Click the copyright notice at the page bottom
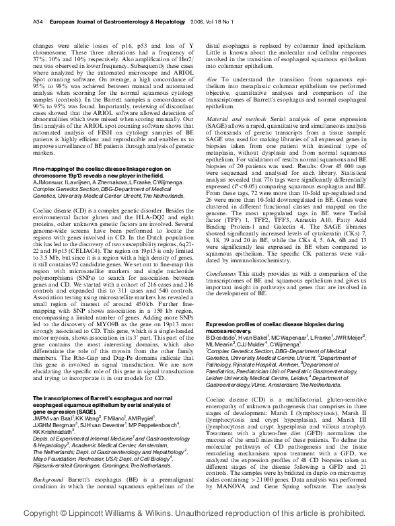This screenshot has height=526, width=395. [x=197, y=513]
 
